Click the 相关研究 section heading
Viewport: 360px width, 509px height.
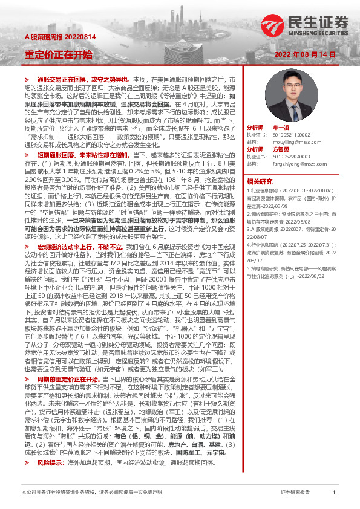(x=260, y=181)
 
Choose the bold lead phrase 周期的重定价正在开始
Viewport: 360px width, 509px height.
(x=70, y=379)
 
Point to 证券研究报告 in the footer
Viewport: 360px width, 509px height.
(x=295, y=493)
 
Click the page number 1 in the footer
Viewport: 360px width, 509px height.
(x=334, y=493)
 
